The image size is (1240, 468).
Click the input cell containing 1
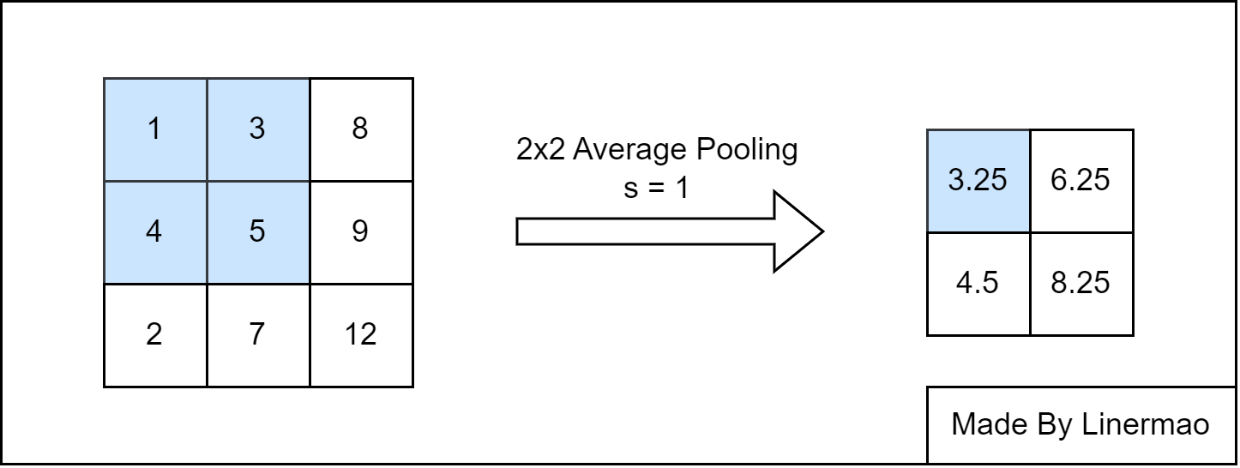pos(155,129)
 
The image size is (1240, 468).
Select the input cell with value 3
pos(258,129)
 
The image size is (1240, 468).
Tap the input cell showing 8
pos(362,129)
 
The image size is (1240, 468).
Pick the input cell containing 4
pos(155,232)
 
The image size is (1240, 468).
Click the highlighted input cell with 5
pos(258,232)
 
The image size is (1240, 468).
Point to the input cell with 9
pos(362,232)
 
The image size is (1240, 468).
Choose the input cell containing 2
pos(155,335)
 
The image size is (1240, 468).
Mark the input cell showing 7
pos(258,335)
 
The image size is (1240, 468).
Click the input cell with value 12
pos(362,335)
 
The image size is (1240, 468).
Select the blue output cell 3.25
pos(978,181)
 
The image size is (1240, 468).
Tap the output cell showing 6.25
pos(1081,181)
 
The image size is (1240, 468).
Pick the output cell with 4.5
pos(978,284)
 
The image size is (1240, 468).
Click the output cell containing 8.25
pos(1081,284)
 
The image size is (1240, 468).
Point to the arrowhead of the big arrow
pos(822,231)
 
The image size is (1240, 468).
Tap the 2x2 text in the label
pos(541,149)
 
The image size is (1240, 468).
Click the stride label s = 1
pos(656,188)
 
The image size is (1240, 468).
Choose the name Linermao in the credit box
pos(1145,424)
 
